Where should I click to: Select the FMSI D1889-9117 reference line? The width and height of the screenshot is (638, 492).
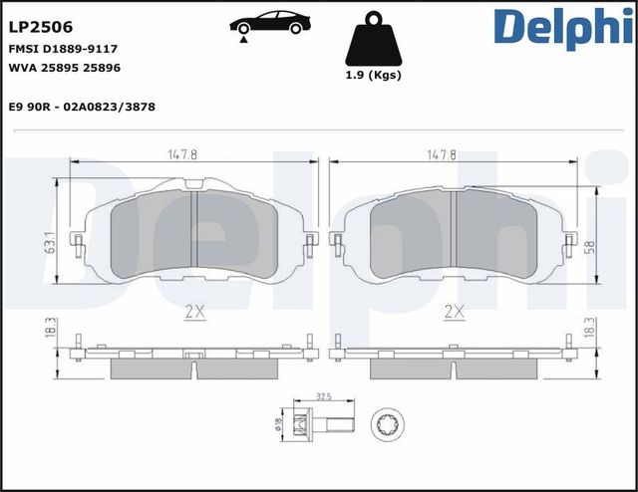[x=62, y=48]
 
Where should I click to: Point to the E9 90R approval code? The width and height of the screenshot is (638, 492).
[x=81, y=106]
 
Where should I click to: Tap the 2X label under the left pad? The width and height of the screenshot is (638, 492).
[x=194, y=312]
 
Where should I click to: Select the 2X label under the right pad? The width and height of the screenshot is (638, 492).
[x=455, y=312]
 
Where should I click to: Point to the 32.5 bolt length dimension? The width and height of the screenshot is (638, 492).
[x=323, y=395]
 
